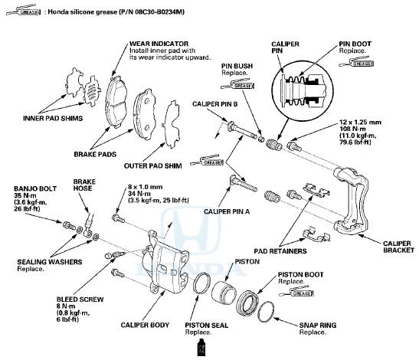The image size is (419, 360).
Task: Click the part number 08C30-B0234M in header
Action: (x=146, y=14)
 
